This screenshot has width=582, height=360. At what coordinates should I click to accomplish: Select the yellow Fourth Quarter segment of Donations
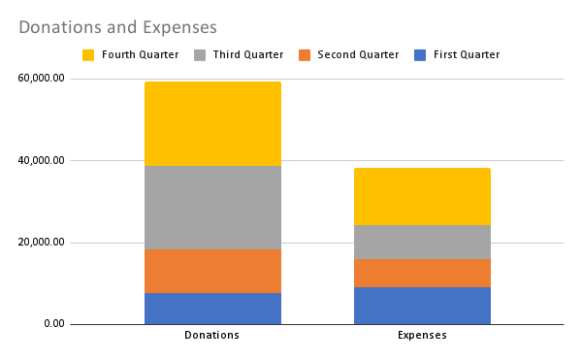(x=212, y=123)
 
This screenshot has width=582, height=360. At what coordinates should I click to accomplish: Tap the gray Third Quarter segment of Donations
(x=212, y=208)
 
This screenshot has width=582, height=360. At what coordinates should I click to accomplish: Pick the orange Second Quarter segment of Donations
(x=212, y=271)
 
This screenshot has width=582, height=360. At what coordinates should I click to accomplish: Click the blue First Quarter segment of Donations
(x=212, y=308)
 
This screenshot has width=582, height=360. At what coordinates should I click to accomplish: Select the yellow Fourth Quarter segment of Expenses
(x=422, y=196)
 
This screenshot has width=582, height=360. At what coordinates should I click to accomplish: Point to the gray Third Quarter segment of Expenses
(x=422, y=242)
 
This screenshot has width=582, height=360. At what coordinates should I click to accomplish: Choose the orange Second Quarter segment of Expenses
(x=422, y=273)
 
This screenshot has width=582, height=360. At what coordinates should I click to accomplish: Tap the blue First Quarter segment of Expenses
(x=422, y=305)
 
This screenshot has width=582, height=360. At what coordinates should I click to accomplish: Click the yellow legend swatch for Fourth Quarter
(x=88, y=55)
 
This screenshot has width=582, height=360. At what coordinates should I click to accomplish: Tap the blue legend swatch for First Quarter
(x=418, y=55)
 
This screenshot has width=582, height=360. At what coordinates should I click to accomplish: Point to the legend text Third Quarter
(x=247, y=55)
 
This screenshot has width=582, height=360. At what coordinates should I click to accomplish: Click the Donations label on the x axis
(x=212, y=336)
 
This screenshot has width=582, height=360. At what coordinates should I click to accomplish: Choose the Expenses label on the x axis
(x=422, y=336)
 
